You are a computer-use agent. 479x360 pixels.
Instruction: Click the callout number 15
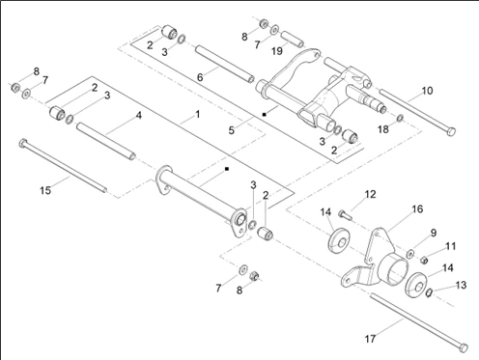pyautogui.click(x=45, y=190)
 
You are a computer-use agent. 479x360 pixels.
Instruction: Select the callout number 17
pyautogui.click(x=370, y=339)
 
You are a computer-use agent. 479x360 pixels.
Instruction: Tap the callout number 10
pyautogui.click(x=427, y=91)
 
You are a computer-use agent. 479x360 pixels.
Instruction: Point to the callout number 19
pyautogui.click(x=277, y=51)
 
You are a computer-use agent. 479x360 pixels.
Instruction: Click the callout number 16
pyautogui.click(x=417, y=209)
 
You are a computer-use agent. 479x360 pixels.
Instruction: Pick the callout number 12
pyautogui.click(x=370, y=194)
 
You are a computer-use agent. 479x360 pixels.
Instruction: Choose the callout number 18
pyautogui.click(x=383, y=129)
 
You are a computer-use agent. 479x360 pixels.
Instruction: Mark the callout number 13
pyautogui.click(x=461, y=285)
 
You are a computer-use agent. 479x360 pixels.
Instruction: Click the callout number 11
pyautogui.click(x=451, y=246)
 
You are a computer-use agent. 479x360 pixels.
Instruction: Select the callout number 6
pyautogui.click(x=200, y=77)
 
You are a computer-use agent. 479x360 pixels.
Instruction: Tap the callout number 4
pyautogui.click(x=139, y=115)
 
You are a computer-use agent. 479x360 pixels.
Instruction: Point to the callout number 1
pyautogui.click(x=198, y=114)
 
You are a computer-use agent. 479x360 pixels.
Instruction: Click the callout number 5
pyautogui.click(x=231, y=130)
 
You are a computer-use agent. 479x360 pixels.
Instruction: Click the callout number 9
pyautogui.click(x=434, y=233)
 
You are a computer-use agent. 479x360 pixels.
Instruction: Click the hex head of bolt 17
pyautogui.click(x=464, y=347)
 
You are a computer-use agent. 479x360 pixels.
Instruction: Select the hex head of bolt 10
pyautogui.click(x=452, y=131)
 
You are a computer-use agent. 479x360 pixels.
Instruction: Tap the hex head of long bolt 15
pyautogui.click(x=23, y=143)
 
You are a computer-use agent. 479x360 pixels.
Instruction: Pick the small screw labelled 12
pyautogui.click(x=345, y=214)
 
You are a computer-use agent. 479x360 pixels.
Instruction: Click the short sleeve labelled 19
pyautogui.click(x=293, y=39)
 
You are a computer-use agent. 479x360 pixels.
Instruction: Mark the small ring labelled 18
pyautogui.click(x=400, y=118)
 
